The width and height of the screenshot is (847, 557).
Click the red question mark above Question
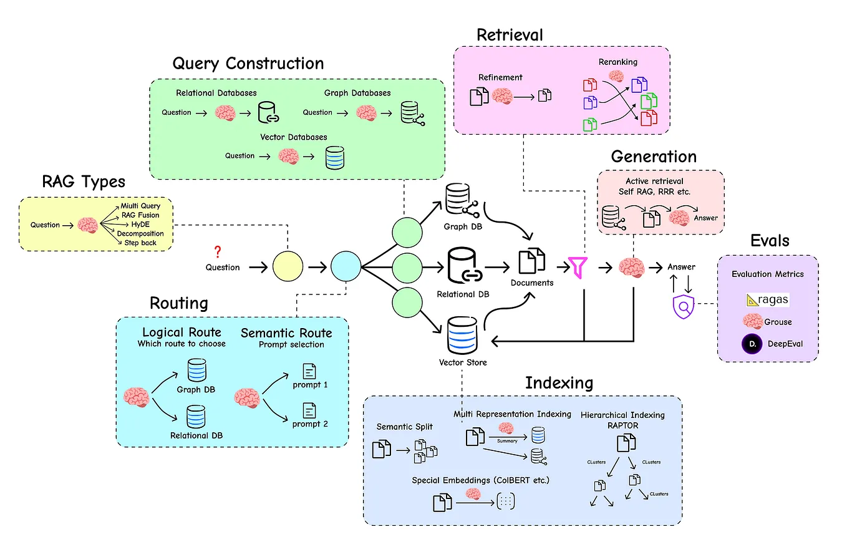(x=218, y=252)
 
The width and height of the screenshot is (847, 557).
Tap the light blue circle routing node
(x=346, y=268)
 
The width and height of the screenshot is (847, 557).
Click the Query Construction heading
(x=248, y=63)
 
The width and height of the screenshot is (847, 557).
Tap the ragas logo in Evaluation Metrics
(x=767, y=300)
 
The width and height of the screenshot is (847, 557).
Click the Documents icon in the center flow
(x=531, y=260)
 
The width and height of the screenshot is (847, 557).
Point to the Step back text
(x=140, y=243)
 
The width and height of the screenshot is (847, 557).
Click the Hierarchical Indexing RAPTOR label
(x=622, y=419)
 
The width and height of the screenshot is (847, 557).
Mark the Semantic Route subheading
(x=286, y=332)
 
